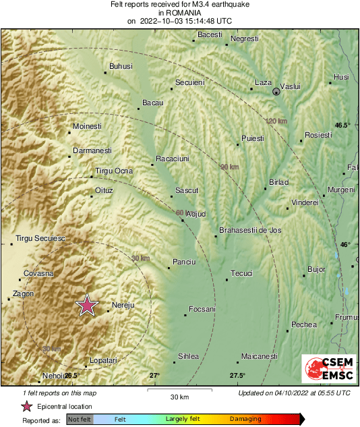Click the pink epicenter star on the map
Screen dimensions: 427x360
(86, 306)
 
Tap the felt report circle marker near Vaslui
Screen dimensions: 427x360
(276, 91)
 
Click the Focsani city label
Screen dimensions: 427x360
(200, 309)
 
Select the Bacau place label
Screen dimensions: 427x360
(152, 103)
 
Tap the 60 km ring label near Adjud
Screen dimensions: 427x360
(179, 213)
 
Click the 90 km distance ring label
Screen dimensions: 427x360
(229, 167)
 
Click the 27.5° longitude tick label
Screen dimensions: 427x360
(237, 376)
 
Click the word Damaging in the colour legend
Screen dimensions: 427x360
(245, 419)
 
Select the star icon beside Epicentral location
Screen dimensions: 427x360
(26, 406)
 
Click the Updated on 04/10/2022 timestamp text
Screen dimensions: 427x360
(294, 393)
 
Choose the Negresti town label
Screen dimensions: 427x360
(244, 38)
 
